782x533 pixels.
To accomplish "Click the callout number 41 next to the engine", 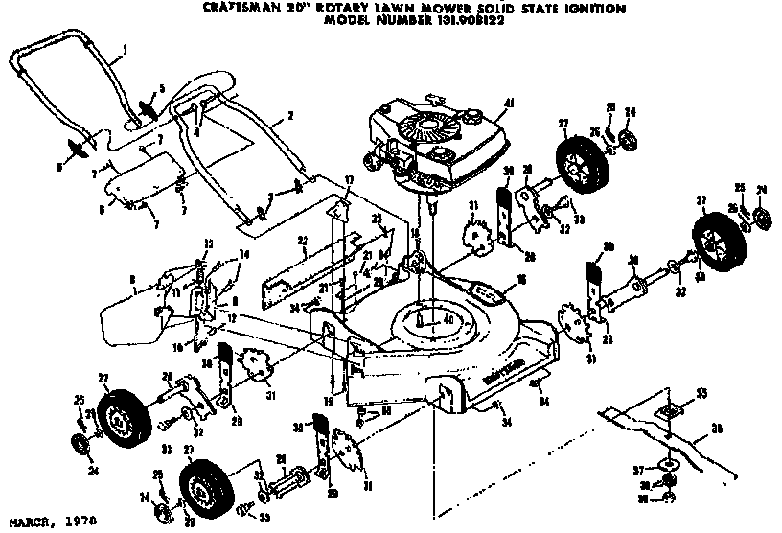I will pos(510,103).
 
